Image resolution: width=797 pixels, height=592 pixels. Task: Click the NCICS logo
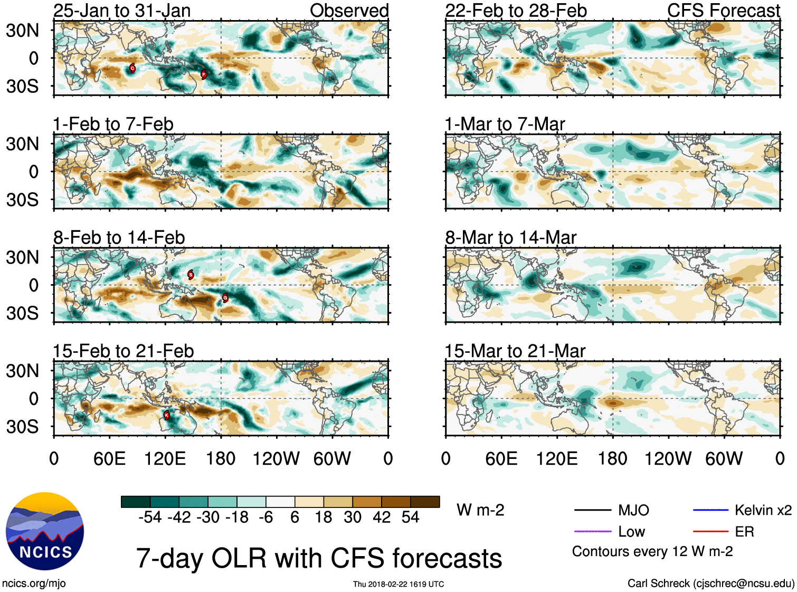coord(45,531)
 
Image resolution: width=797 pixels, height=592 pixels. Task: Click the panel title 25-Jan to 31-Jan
coord(122,11)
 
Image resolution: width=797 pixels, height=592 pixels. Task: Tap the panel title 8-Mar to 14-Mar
coord(510,238)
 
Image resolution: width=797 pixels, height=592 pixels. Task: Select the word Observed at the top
coord(349,11)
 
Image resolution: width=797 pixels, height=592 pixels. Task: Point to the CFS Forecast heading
coord(723,11)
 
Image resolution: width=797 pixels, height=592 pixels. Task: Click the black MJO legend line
coord(592,510)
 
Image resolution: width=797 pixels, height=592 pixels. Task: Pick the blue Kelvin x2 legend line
coord(710,510)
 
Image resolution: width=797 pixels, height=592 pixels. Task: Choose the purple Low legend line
coord(592,531)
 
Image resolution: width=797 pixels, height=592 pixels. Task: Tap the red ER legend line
coord(710,531)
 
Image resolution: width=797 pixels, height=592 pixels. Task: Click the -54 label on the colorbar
coord(150,517)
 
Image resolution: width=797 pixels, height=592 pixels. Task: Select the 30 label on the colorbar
coord(353,517)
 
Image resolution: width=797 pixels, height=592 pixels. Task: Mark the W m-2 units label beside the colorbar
coord(480,510)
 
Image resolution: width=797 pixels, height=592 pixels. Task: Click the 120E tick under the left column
coord(165,458)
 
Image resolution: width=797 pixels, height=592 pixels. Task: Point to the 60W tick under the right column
coord(724,458)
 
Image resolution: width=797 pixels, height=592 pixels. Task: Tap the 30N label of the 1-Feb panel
coord(23,144)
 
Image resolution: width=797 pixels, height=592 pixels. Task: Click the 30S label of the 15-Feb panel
coord(23,426)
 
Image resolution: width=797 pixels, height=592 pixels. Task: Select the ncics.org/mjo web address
coord(34,584)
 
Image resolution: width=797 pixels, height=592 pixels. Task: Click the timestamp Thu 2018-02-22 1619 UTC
coord(398,584)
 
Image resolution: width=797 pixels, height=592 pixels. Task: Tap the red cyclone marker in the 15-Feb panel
coord(167,415)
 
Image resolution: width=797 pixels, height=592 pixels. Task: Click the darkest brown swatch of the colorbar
coord(425,502)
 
